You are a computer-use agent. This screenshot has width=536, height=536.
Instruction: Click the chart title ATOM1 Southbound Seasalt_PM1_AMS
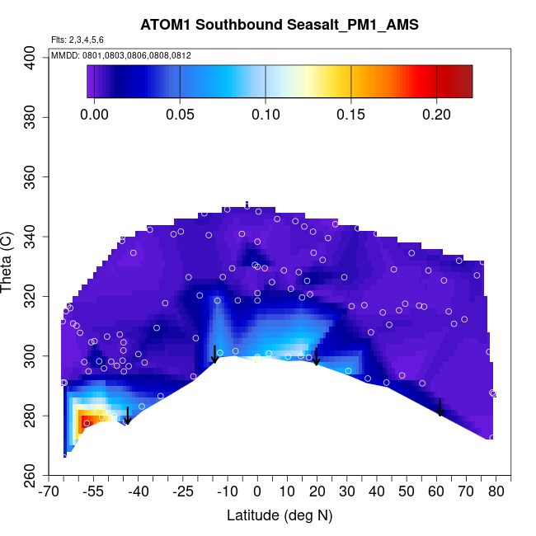[280, 25]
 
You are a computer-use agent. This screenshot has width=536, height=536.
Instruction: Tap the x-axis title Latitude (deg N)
[280, 515]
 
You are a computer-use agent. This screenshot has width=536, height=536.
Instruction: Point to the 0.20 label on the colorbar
[436, 115]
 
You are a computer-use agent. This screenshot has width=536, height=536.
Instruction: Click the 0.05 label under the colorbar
[180, 115]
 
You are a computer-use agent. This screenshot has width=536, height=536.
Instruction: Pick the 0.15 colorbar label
[350, 115]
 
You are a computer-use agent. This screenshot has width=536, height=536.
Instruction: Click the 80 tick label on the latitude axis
[496, 492]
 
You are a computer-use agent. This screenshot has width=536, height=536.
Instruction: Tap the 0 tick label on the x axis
[257, 492]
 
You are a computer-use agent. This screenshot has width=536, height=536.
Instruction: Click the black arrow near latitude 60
[440, 407]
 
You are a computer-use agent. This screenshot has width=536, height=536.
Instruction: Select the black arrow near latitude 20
[316, 356]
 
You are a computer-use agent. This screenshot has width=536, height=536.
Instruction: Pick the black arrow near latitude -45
[128, 416]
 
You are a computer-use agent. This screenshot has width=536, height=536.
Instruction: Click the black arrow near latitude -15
[214, 354]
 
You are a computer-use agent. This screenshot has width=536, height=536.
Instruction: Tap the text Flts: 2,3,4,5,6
[78, 40]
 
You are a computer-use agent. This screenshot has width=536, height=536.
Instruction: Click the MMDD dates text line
[121, 55]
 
